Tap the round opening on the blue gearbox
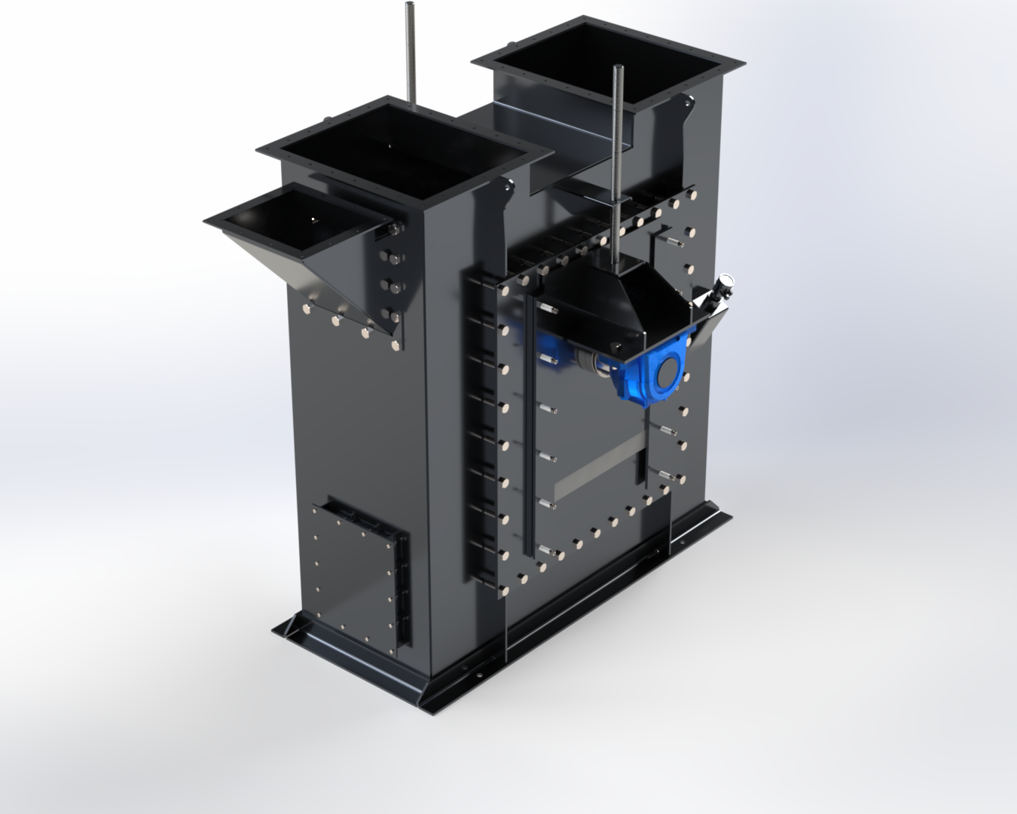(667, 372)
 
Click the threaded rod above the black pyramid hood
(620, 151)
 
